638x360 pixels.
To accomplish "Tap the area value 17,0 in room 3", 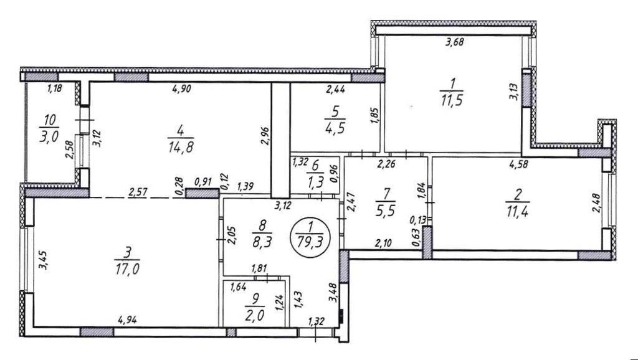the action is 127,269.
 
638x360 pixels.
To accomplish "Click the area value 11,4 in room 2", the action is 517,212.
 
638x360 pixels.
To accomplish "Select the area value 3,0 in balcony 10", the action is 49,136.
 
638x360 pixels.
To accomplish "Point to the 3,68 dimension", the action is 454,42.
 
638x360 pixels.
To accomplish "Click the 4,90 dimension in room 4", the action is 182,89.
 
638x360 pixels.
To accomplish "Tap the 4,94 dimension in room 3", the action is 127,320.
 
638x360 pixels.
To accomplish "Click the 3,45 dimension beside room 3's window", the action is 42,260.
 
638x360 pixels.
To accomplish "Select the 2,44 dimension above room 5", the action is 336,89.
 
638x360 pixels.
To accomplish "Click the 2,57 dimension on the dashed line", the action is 138,192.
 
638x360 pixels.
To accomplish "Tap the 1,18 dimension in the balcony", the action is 54,88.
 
